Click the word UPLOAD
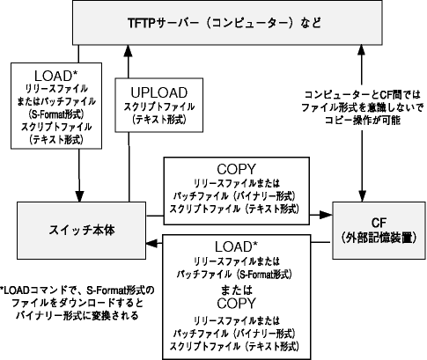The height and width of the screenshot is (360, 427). (x=158, y=92)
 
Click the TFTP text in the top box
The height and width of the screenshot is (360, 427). (x=141, y=23)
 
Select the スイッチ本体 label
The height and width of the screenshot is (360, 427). (x=82, y=231)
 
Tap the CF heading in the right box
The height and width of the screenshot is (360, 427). (x=379, y=223)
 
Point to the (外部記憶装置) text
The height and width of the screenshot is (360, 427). (x=379, y=238)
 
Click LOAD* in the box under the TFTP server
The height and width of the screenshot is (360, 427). (x=56, y=76)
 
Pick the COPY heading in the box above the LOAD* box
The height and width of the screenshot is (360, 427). (x=236, y=169)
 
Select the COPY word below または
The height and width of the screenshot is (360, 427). (x=236, y=304)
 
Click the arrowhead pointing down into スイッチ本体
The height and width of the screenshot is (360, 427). (x=79, y=196)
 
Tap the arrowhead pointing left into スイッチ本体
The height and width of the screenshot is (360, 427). (x=152, y=243)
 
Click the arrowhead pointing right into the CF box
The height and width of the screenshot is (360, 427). (x=326, y=215)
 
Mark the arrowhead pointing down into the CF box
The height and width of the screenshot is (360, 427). (x=362, y=196)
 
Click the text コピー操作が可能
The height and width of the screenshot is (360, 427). (x=363, y=121)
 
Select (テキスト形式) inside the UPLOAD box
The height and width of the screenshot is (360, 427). (x=158, y=120)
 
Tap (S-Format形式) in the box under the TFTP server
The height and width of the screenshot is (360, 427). (x=56, y=114)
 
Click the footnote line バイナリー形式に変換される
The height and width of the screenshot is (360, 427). (x=77, y=316)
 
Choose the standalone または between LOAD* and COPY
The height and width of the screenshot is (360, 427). (x=236, y=290)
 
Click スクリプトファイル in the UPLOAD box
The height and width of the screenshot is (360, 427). (x=158, y=107)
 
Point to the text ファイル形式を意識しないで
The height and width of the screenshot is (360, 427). (x=363, y=107)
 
